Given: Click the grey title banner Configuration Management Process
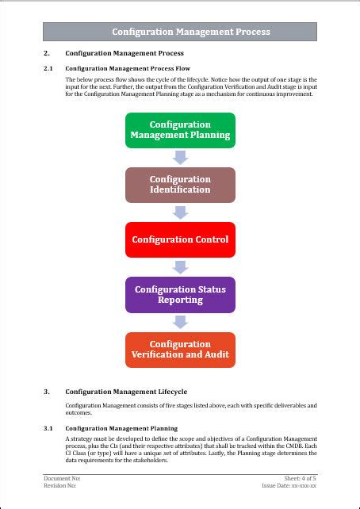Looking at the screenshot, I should point(180,32).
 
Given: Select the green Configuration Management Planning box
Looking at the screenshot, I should point(180,130).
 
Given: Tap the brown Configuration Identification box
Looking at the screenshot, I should point(180,185).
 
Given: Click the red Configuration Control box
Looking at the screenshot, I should point(180,239).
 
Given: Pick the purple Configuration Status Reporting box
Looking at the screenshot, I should point(180,294).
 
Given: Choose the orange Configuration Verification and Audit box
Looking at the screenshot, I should point(180,350).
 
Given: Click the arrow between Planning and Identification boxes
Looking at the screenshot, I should point(180,158).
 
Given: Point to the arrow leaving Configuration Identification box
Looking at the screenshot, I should point(180,212).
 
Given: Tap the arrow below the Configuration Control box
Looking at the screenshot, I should point(180,267).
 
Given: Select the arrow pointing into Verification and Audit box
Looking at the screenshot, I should point(180,322).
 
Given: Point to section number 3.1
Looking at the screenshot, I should point(48,428).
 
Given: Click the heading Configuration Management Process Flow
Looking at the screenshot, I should point(128,69).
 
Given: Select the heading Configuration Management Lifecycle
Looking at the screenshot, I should point(126,392).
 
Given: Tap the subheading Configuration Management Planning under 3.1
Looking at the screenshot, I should point(121,428).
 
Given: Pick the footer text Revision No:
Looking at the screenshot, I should point(60,485).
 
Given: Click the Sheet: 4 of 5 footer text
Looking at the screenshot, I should point(301,479).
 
